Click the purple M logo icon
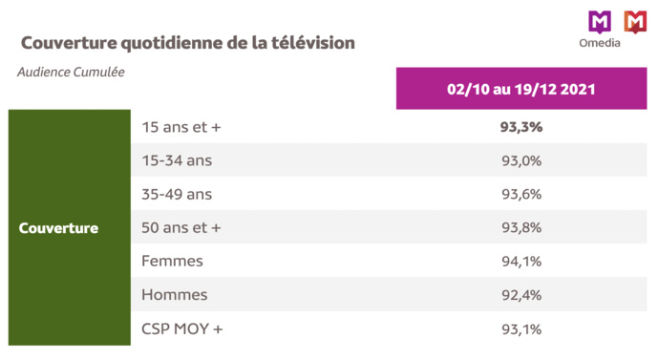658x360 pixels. click(x=600, y=20)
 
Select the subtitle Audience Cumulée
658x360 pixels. click(x=71, y=72)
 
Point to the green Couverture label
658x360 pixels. click(x=58, y=228)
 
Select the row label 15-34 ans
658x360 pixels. click(x=177, y=160)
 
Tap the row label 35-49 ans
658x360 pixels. click(x=177, y=194)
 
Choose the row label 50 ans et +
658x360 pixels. click(x=180, y=227)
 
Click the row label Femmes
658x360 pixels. click(x=172, y=261)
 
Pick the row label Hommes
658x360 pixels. click(x=174, y=295)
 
